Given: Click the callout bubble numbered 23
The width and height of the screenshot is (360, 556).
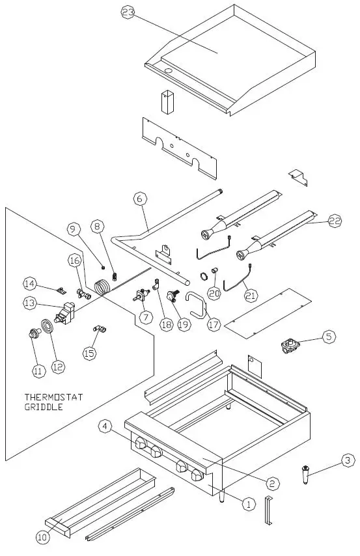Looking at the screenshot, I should coord(128,13).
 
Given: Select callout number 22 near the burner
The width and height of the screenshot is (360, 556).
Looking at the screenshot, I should coord(335,221).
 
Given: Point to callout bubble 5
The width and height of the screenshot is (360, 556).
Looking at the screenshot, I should coord(329,337).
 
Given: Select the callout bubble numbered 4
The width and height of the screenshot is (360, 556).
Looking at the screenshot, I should coord(105,426).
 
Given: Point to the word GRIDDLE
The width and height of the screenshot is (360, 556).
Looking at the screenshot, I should coord(44,407).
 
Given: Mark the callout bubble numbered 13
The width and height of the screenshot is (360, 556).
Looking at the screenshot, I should coord(30,302).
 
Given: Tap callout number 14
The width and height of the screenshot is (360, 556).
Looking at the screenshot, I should coord(29,284).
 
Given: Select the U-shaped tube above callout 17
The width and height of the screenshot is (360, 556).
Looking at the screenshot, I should coord(196,303).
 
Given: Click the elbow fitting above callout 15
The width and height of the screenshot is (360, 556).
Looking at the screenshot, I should coord(100,330).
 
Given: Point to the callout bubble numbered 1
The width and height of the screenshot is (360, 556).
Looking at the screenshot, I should coord(247,503).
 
